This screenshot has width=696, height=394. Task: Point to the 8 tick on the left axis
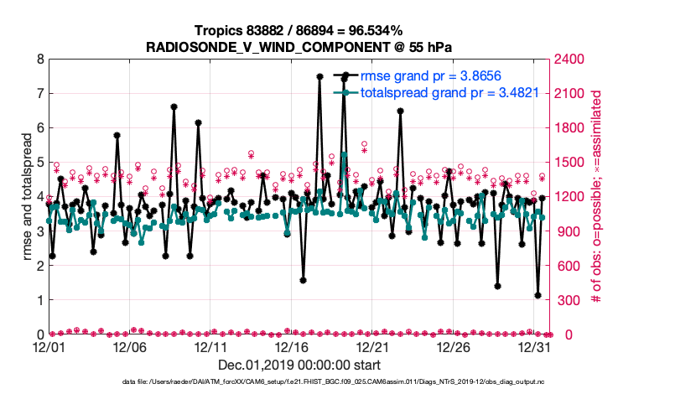pos(39,60)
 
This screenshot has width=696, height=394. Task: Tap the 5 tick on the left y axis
pos(39,163)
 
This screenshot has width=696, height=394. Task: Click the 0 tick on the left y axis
pos(39,334)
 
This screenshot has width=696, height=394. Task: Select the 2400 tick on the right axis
pos(569,60)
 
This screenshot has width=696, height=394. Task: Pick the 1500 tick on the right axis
pos(569,163)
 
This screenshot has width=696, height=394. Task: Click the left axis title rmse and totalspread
pos(27,197)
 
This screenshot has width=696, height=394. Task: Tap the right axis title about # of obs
pos(597,197)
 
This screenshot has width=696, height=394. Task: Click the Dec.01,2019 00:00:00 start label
pos(299,365)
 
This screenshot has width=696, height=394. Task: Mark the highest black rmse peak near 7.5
pos(319,76)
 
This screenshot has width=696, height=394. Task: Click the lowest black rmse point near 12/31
pos(538,295)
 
